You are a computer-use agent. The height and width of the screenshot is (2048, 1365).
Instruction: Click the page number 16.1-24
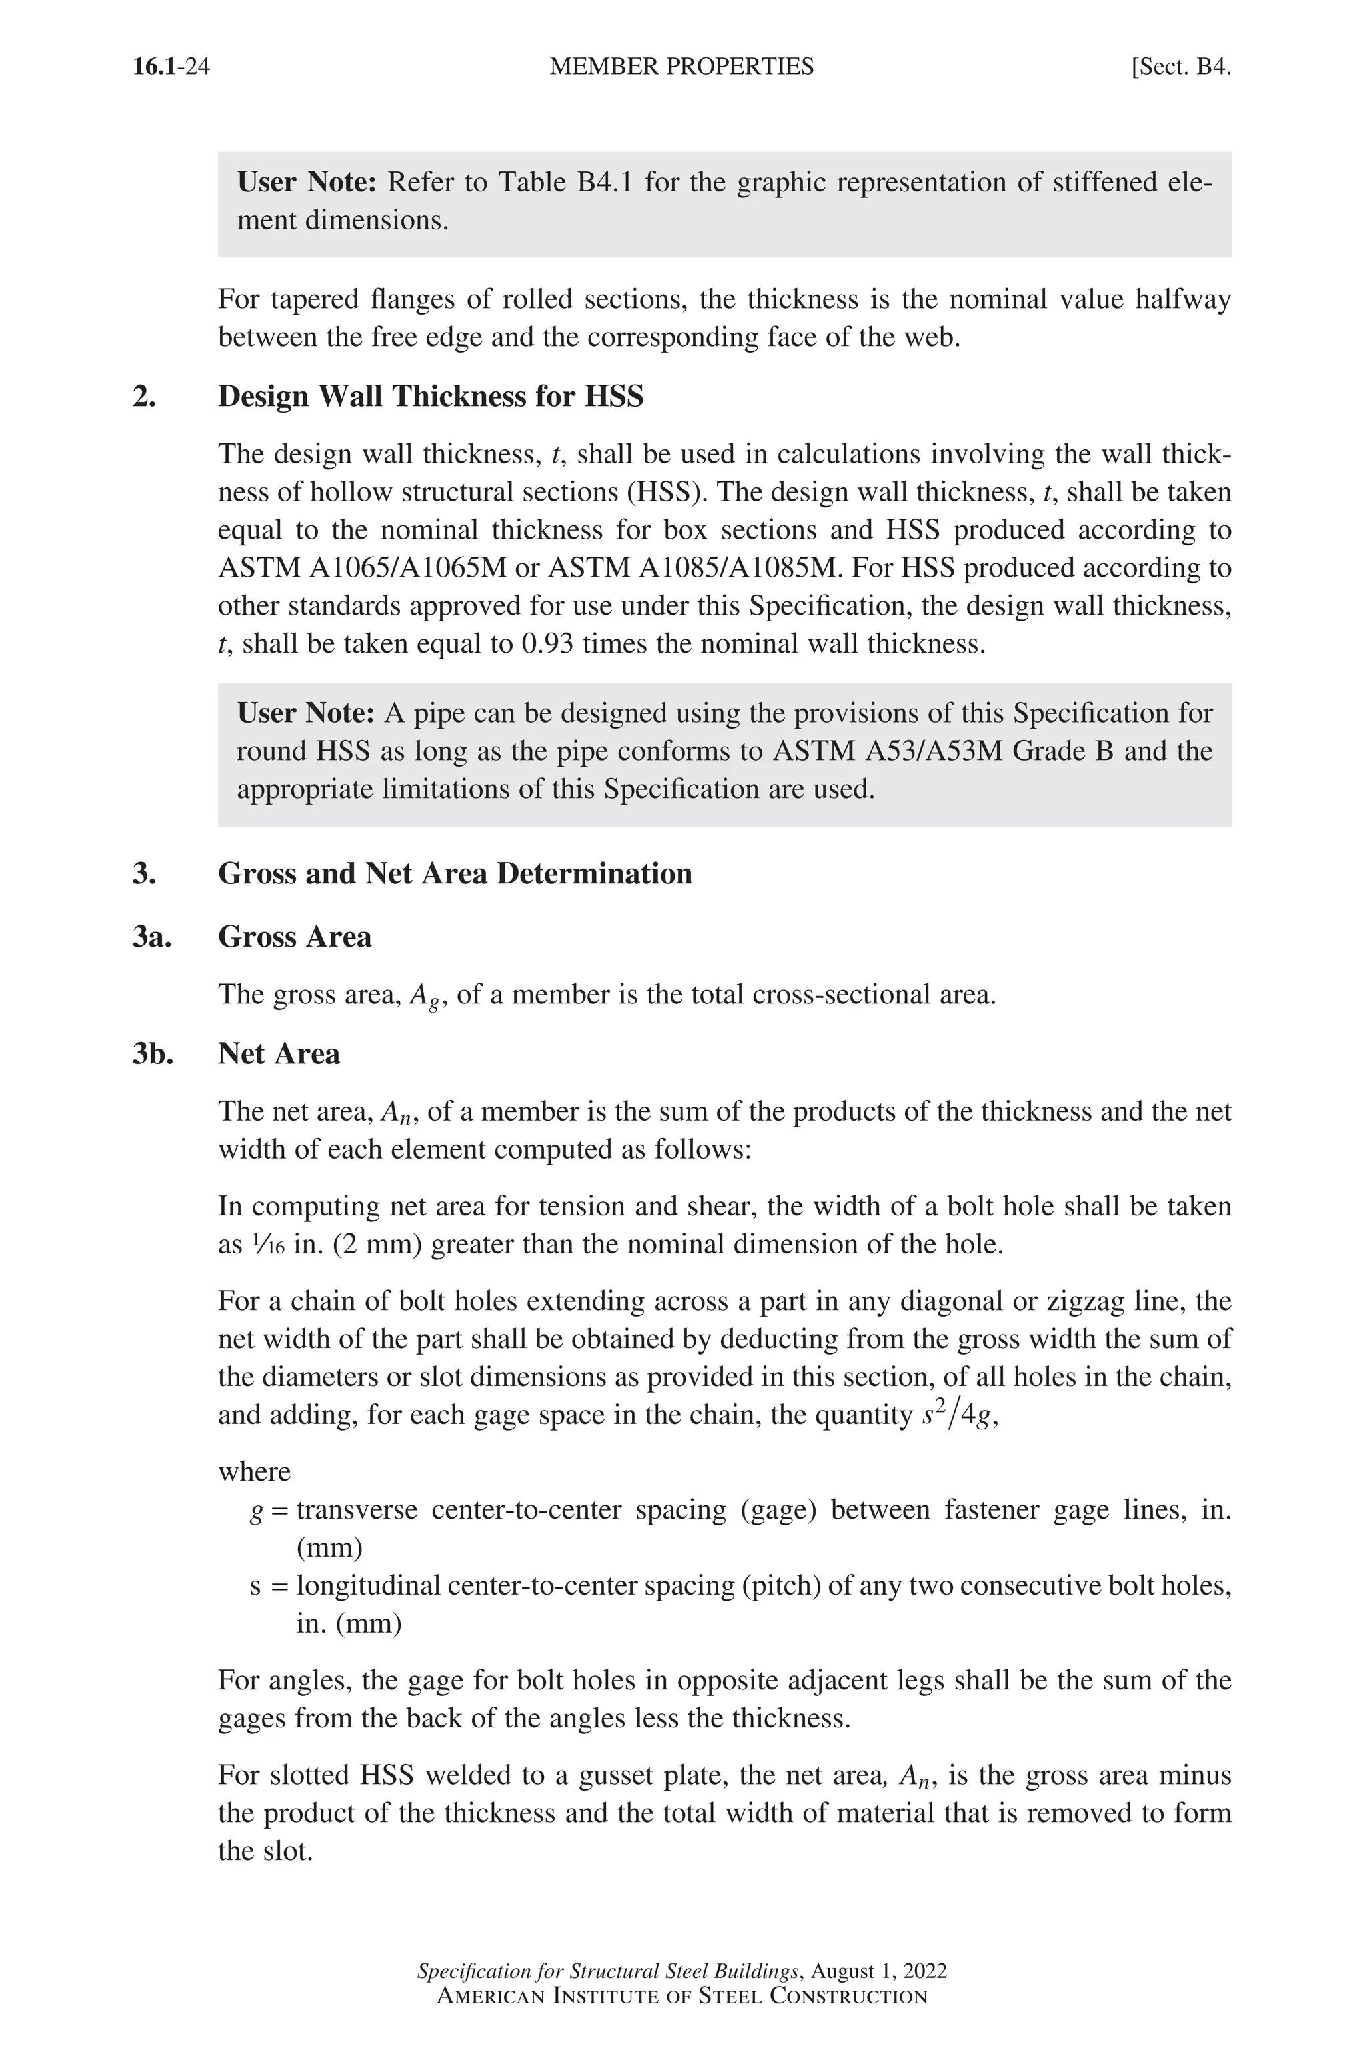pos(171,67)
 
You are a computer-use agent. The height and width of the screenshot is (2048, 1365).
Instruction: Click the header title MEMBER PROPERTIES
pos(682,67)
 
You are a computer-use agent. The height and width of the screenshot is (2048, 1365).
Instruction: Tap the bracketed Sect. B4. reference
pos(1180,67)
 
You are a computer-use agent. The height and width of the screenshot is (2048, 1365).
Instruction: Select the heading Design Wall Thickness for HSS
pos(430,396)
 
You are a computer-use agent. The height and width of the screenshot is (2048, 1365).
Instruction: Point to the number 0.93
pos(547,643)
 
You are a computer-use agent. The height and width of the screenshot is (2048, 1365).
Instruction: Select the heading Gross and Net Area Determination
pos(455,873)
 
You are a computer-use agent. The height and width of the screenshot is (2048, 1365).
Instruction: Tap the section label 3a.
pos(153,937)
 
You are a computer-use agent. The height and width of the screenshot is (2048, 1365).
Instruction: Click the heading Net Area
pos(279,1053)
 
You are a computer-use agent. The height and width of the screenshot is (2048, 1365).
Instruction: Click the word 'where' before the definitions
pos(254,1471)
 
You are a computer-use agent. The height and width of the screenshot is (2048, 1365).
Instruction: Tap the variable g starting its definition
pos(256,1511)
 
